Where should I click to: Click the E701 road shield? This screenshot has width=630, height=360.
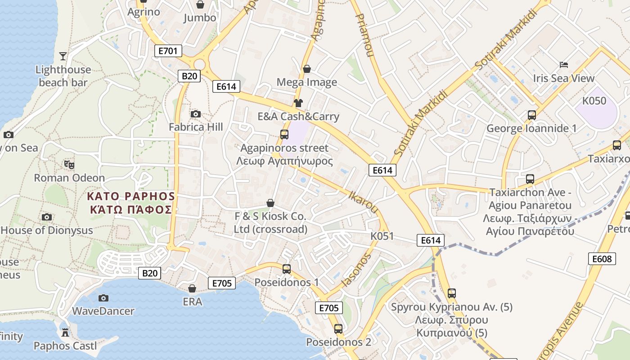point(168,51)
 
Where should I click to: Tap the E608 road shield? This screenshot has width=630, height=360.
point(602,259)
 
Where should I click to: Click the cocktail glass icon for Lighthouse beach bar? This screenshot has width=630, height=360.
point(63,56)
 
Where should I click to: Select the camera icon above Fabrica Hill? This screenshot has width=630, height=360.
point(196,114)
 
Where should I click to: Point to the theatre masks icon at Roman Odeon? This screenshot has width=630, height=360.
point(69,165)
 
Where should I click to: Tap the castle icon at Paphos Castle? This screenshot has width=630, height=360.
point(65,333)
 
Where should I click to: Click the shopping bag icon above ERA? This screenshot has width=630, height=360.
point(192,288)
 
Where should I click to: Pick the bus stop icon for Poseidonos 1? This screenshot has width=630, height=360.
point(287,269)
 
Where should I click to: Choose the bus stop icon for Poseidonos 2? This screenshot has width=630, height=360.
point(338,329)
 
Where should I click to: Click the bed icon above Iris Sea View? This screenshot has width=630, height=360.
point(563,65)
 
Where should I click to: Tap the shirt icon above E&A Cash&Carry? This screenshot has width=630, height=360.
point(298,103)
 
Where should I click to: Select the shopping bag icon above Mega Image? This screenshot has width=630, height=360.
point(307,69)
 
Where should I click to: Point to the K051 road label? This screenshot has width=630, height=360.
point(382,236)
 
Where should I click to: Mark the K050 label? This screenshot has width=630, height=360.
point(594,101)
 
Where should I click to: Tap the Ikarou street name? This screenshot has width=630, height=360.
point(364,202)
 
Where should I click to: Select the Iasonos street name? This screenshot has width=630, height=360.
point(356,270)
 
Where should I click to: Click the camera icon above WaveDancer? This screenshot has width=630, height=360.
point(103,298)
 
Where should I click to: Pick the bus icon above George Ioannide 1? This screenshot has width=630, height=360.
point(532,115)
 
